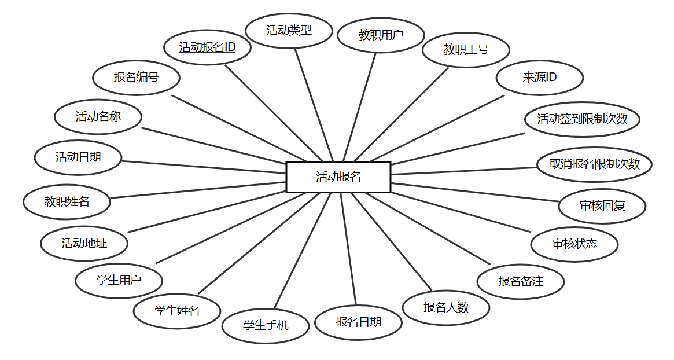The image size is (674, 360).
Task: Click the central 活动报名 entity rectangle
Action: (338, 177)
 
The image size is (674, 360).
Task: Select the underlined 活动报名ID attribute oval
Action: (207, 47)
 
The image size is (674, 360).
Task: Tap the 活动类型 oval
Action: (289, 31)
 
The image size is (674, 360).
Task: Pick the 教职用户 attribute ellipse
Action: (380, 35)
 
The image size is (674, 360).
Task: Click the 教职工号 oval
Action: (466, 50)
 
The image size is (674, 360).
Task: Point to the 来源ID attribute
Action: (539, 77)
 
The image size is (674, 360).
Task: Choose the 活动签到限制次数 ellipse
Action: (582, 119)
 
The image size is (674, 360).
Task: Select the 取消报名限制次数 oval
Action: (594, 164)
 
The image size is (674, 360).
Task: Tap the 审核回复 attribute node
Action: (602, 205)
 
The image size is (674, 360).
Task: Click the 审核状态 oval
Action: (574, 244)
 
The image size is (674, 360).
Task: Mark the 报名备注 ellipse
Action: (520, 282)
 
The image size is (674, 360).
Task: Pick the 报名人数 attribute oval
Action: (446, 307)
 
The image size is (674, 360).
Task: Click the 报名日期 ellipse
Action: (358, 322)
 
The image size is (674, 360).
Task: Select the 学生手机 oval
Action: (265, 325)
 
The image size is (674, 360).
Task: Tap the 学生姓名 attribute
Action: (176, 311)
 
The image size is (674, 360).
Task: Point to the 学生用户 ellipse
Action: (119, 281)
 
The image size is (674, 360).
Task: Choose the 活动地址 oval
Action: (84, 243)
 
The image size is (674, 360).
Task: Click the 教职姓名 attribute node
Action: (67, 201)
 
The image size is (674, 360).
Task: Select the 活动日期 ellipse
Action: (78, 157)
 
